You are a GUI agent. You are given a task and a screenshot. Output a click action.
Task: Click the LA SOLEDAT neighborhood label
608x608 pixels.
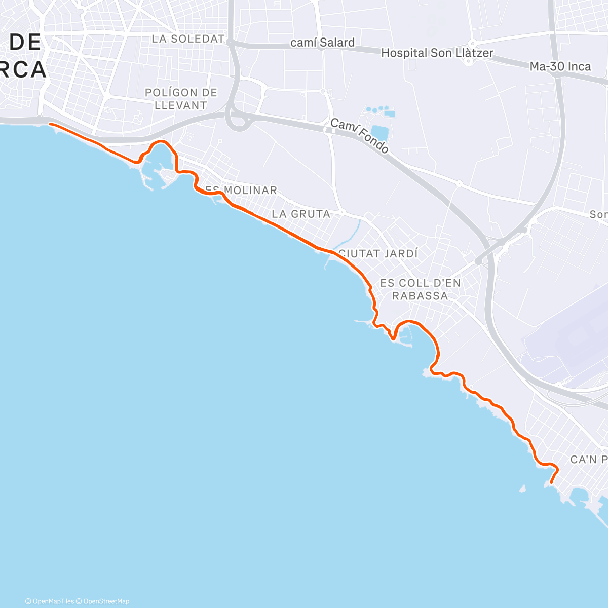click(x=188, y=39)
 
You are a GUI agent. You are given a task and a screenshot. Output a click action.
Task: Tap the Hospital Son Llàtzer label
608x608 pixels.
click(x=437, y=53)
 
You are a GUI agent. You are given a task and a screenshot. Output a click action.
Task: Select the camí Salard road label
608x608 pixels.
click(x=322, y=43)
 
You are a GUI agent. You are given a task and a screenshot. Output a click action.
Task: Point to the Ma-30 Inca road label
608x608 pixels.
click(x=560, y=66)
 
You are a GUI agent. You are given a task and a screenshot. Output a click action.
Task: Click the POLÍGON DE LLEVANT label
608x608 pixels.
click(x=181, y=99)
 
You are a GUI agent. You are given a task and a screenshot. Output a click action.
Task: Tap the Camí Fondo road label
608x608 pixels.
click(x=359, y=136)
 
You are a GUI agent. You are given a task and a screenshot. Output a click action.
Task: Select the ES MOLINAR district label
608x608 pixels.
click(x=242, y=191)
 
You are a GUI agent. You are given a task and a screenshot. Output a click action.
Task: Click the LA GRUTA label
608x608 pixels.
click(x=301, y=214)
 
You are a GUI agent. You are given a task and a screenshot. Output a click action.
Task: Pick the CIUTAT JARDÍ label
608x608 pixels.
click(x=378, y=253)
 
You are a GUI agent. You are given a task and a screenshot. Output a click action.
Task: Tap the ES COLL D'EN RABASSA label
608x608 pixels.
click(x=420, y=289)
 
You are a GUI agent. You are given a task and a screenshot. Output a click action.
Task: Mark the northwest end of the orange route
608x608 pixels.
click(x=50, y=124)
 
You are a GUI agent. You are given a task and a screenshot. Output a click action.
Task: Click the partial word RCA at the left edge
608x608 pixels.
click(x=23, y=69)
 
